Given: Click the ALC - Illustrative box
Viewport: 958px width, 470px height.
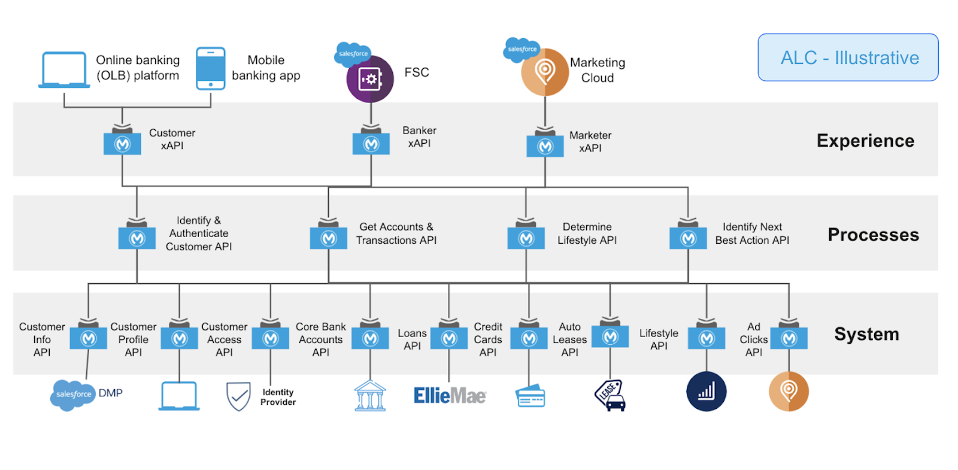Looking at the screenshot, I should [847, 57].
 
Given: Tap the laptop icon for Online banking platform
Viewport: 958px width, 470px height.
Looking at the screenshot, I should [64, 70].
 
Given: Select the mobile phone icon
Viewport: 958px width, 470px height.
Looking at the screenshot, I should [211, 68].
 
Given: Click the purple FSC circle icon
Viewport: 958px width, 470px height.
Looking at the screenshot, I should [370, 79].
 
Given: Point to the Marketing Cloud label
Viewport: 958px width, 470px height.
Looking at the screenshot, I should [597, 70].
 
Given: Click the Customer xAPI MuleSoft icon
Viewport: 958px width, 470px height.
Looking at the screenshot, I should [122, 144].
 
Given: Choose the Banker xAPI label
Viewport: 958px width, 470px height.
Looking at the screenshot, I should [419, 137].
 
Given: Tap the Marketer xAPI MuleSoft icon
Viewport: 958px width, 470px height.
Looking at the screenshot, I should [545, 146].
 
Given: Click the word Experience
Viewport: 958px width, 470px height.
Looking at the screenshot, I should [865, 141].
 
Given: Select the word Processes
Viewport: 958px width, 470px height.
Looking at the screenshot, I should [873, 235].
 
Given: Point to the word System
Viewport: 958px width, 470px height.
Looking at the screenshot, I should [866, 334].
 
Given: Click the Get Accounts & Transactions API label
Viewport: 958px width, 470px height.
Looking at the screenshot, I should [396, 234].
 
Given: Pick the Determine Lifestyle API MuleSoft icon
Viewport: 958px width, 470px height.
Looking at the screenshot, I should [526, 238].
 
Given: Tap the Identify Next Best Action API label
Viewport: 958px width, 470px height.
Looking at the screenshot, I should [752, 234].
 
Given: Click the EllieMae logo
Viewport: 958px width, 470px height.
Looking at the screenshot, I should [450, 395].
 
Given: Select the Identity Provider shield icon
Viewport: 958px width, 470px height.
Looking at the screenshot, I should [238, 396].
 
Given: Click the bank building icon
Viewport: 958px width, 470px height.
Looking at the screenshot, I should [370, 396].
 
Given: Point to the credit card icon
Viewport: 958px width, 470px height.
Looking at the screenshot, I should [530, 396].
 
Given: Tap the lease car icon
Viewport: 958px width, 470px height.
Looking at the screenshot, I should [611, 396].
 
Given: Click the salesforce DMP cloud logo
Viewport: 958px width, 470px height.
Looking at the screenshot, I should [73, 395].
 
